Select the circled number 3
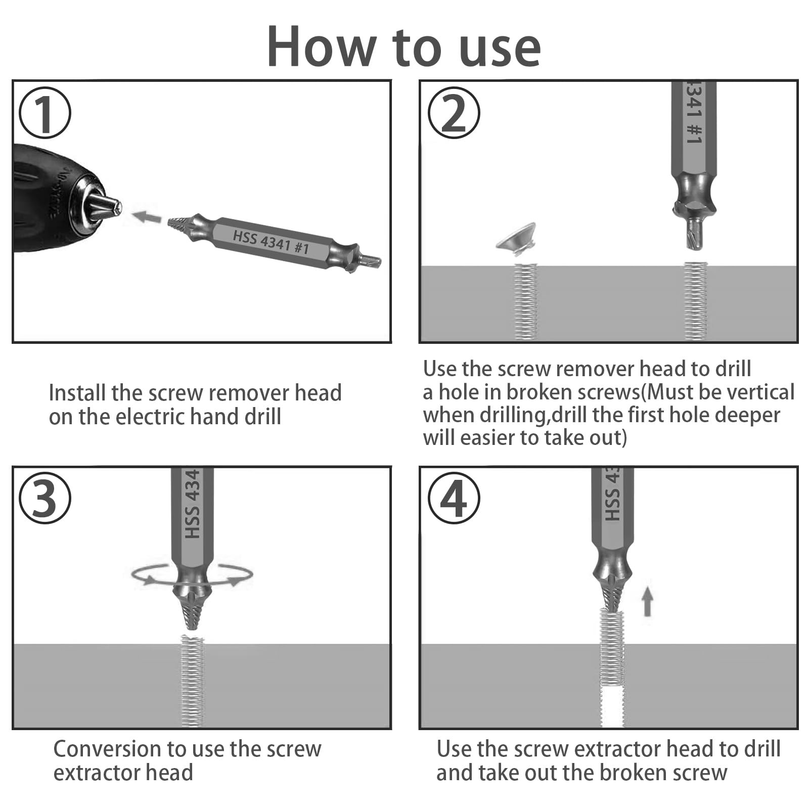[x=45, y=498]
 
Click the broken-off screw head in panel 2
[x=516, y=238]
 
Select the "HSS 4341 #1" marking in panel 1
[x=271, y=242]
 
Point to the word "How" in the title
[x=321, y=47]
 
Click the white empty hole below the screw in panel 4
[x=612, y=705]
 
